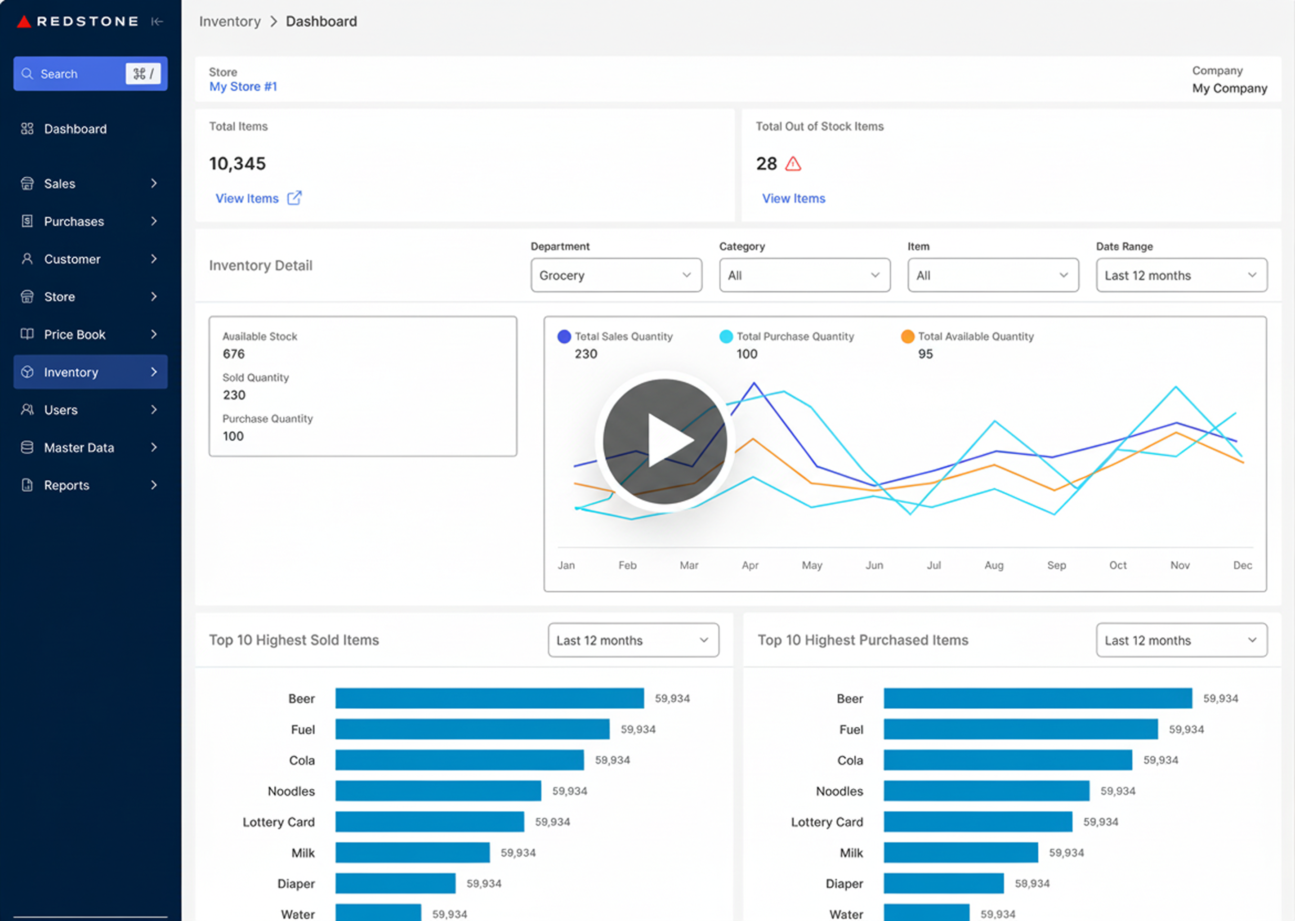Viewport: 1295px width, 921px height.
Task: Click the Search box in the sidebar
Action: click(74, 74)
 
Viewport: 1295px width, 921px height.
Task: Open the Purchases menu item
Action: click(74, 222)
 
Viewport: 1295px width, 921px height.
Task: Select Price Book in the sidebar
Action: click(74, 335)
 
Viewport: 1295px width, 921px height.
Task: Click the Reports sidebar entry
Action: click(67, 485)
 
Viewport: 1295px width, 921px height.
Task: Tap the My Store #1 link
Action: click(243, 87)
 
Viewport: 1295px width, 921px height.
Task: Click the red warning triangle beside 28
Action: click(793, 165)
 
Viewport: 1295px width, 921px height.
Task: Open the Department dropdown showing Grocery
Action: click(616, 276)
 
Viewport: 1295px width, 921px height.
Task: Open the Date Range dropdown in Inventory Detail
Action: click(1181, 276)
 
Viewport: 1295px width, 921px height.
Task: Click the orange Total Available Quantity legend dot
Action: click(907, 336)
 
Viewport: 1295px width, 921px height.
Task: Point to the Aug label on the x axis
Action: click(993, 565)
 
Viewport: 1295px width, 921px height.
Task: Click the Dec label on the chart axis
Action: click(1242, 565)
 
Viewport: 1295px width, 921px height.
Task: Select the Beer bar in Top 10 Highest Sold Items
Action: click(489, 698)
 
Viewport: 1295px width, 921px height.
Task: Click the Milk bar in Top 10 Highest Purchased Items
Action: click(960, 852)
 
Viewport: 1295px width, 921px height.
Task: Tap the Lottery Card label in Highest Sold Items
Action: click(278, 822)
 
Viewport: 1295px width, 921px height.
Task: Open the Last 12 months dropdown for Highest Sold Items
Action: click(633, 640)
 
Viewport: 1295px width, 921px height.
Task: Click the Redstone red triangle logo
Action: click(23, 22)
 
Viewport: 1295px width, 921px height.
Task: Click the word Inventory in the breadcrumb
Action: click(230, 22)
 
